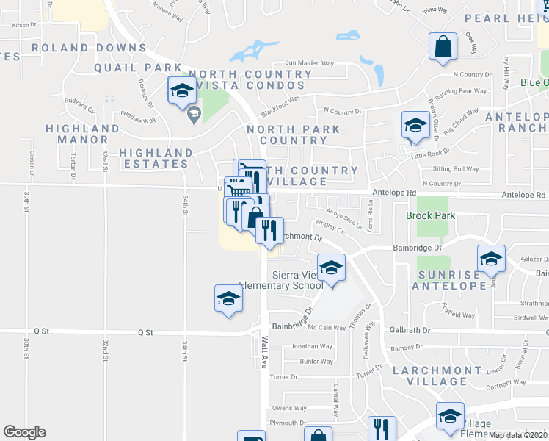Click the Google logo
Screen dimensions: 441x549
[24, 432]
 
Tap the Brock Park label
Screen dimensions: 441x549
[430, 216]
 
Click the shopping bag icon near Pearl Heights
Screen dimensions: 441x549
[443, 46]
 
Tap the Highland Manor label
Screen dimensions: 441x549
[82, 134]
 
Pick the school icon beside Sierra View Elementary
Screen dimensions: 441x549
[331, 268]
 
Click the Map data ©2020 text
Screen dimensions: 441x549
[517, 435]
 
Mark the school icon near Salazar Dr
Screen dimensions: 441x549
[491, 258]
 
